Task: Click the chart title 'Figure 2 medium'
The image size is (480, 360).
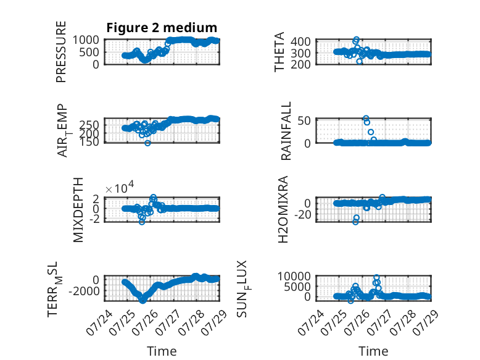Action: point(162,28)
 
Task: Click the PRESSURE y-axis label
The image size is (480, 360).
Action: point(61,52)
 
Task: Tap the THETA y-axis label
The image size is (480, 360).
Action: point(279,52)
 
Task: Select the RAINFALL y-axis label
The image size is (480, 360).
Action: point(286,131)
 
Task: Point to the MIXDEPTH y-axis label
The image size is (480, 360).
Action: point(78,210)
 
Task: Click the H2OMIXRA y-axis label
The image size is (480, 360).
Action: point(283,209)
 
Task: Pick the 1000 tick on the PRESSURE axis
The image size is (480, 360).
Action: point(86,40)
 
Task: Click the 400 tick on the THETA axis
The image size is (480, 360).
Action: point(300,41)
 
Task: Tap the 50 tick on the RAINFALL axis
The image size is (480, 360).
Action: point(304,120)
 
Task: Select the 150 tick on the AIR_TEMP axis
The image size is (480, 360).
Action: point(89,141)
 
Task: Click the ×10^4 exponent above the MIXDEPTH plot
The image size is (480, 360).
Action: point(120,187)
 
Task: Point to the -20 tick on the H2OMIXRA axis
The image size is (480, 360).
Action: point(302,214)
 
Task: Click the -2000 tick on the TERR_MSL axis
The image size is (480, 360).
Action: point(84,291)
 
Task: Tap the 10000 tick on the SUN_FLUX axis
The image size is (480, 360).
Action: point(294,277)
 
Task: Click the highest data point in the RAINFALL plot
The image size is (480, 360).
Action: point(366,119)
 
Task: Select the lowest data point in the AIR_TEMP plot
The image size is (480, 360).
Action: point(147,143)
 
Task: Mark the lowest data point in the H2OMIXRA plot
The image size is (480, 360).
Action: point(355,222)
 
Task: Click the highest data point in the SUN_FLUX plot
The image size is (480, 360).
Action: point(376,277)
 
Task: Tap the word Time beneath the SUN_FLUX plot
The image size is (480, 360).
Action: point(373,351)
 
